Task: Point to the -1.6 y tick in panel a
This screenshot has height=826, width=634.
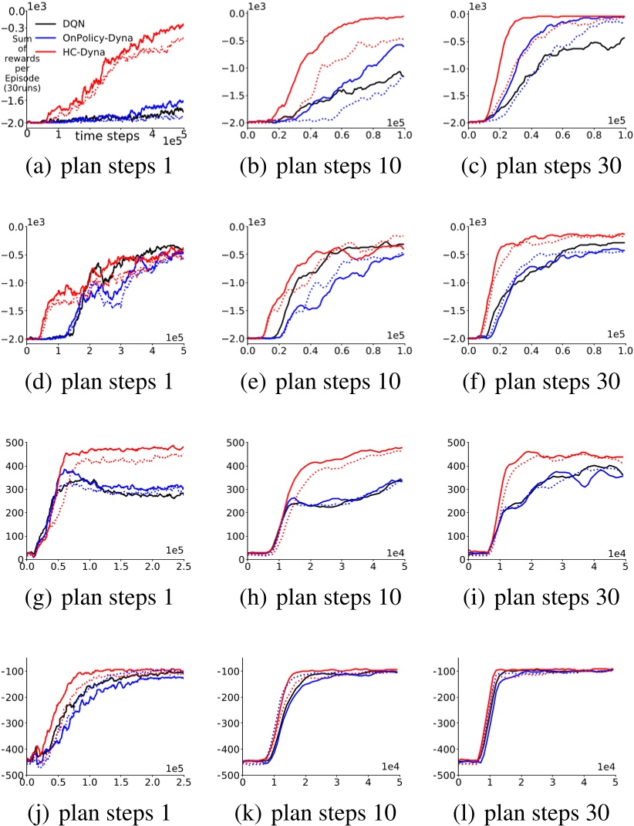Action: pyautogui.click(x=14, y=100)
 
